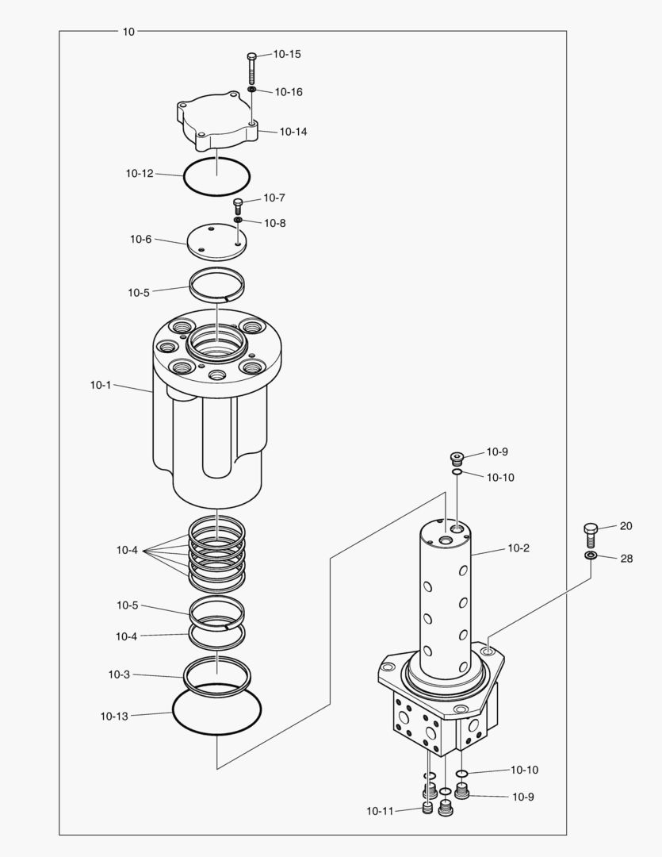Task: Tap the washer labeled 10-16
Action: (x=251, y=90)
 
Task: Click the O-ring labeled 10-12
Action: (x=185, y=178)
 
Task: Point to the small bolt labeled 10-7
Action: (x=236, y=206)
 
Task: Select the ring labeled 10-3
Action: (x=186, y=677)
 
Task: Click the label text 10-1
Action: (x=101, y=385)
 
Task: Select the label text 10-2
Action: (x=519, y=548)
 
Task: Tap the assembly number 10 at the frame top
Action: (x=128, y=32)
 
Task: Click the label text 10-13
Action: (x=114, y=716)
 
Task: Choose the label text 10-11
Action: (x=380, y=811)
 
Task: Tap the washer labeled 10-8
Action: (x=237, y=220)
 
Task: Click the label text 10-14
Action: (x=293, y=132)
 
